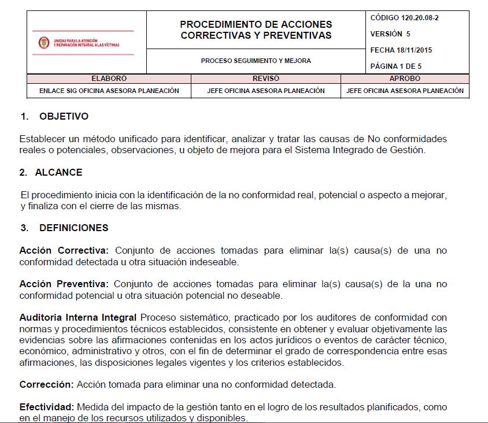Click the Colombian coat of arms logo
point(44,43)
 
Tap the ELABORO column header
point(109,79)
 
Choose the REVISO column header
point(266,79)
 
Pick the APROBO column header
point(405,79)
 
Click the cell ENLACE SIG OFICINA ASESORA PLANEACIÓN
point(109,91)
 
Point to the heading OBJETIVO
point(64,117)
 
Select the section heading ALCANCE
point(58,172)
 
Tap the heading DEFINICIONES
point(73,228)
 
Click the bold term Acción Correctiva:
point(64,251)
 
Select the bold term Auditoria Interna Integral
point(78,318)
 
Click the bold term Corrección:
point(46,385)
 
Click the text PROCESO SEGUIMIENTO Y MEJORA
point(256,61)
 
